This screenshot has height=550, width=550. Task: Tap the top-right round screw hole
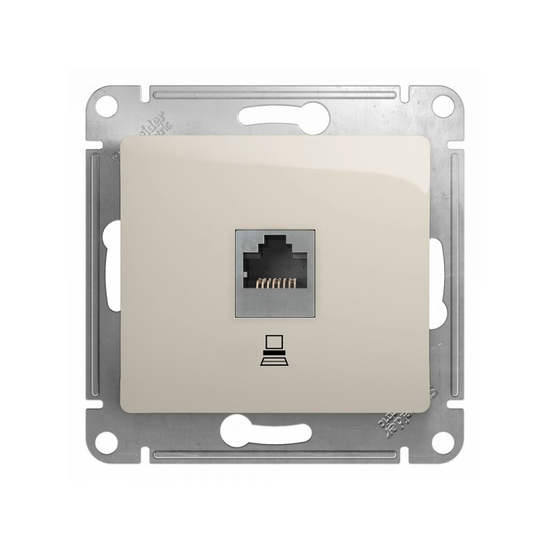[x=444, y=107]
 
